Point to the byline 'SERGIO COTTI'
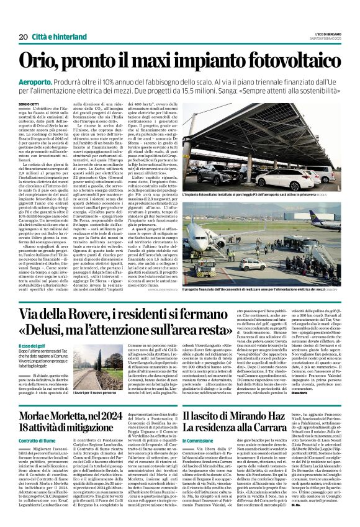pyautogui.click(x=29, y=103)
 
